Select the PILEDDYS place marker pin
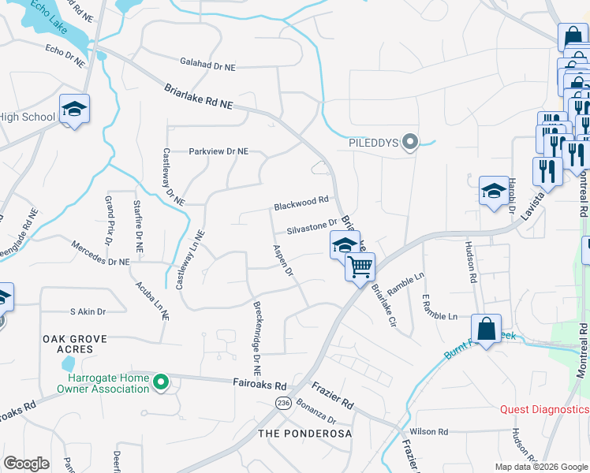coord(409,143)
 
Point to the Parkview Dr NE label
coord(218,151)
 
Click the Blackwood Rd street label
coord(301,205)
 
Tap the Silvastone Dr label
coord(312,229)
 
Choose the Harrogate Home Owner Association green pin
coord(161,383)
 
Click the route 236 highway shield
coord(283,403)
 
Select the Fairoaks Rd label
coord(259,385)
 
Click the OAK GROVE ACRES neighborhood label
coord(73,344)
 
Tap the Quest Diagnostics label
coord(544,409)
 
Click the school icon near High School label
coord(74,109)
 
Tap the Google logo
coord(27,464)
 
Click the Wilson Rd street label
coord(429,432)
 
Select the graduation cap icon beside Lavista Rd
coord(494,191)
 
